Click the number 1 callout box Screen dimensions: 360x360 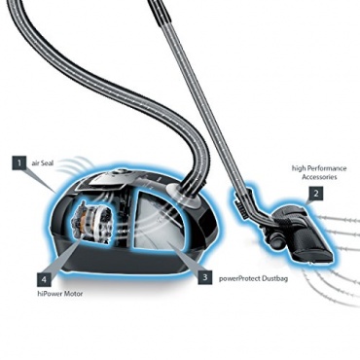point(19,163)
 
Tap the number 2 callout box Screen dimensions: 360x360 point(315,194)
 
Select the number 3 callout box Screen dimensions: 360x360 point(204,277)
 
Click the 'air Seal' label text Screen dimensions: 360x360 point(42,163)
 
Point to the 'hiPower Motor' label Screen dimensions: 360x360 point(59,294)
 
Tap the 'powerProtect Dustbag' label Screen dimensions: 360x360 point(253,278)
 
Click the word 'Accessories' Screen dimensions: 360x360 point(319,177)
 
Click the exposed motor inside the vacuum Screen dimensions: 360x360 point(93,221)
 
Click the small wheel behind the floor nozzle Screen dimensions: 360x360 point(274,241)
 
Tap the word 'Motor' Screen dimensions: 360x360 point(73,294)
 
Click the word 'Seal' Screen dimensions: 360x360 point(47,163)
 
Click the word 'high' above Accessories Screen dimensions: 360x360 point(299,169)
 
